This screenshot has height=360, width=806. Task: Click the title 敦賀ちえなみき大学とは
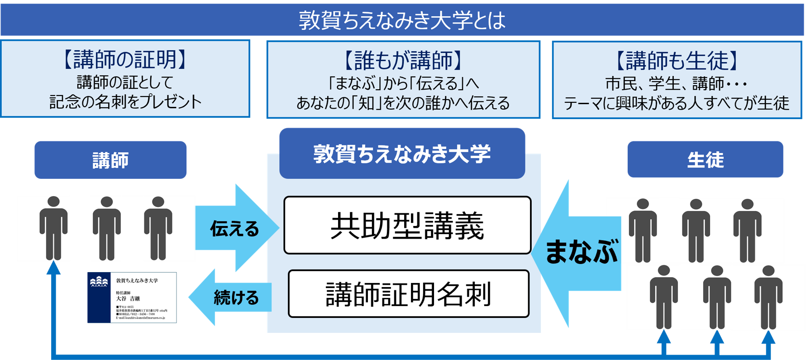[402, 20]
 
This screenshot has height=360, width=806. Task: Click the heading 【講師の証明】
[125, 60]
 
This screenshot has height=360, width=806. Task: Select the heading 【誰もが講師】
[403, 61]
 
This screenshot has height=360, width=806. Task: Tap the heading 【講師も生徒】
[677, 61]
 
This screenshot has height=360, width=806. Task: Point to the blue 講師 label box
[110, 160]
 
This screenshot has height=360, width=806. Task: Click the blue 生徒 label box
[705, 159]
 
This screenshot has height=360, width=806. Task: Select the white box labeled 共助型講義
[407, 226]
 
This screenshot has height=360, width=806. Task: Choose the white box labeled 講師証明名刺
[408, 294]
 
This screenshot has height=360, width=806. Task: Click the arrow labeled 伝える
[235, 228]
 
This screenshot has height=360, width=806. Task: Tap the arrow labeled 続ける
[231, 298]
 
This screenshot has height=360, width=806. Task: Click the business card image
[132, 298]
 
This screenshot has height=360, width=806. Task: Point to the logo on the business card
[99, 283]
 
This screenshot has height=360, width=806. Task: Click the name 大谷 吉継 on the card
[128, 299]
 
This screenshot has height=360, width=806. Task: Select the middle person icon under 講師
[107, 229]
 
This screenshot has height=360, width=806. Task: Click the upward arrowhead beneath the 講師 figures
[53, 268]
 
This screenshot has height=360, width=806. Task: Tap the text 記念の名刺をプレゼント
[125, 102]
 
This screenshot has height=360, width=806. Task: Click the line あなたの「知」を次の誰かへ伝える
[403, 103]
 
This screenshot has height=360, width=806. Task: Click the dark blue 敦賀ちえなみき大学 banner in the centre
[402, 154]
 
